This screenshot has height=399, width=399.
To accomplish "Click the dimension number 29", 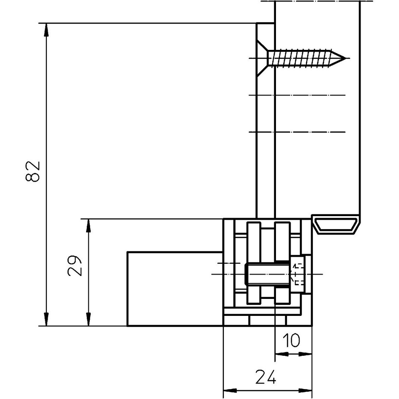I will (75, 266).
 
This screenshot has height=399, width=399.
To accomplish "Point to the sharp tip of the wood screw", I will (345, 58).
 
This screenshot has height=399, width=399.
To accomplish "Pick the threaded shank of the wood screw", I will (299, 58).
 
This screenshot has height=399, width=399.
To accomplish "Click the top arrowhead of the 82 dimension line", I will (46, 29).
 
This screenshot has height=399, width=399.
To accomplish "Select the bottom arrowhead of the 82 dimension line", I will (46, 320).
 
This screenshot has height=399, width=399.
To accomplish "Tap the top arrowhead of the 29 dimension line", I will (88, 225).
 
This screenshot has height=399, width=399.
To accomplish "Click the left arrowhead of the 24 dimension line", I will (230, 391).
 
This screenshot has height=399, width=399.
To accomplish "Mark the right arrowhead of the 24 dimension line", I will (306, 391).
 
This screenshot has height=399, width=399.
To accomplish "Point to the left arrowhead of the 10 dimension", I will (282, 354).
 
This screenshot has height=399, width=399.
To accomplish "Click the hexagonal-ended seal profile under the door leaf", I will (336, 225).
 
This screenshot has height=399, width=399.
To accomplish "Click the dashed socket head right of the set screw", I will (297, 274).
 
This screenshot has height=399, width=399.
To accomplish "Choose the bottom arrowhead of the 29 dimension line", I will (88, 320).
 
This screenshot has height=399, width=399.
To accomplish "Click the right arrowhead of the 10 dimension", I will (306, 354).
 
